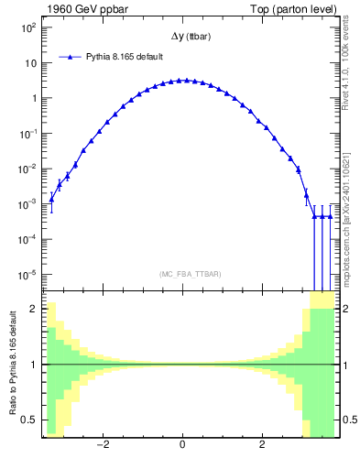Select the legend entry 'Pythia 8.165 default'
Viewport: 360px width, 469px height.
coord(124,57)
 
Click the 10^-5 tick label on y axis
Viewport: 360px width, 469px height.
coord(28,274)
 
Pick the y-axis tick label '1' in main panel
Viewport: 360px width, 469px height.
coord(33,98)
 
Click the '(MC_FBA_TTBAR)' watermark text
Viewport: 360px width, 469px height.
coord(186,274)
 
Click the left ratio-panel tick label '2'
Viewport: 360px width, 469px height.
coord(33,309)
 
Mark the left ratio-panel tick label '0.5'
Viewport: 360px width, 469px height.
coord(29,420)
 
